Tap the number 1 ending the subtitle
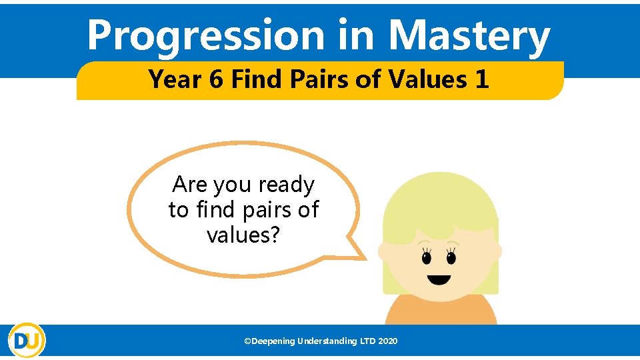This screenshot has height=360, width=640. pos(481,79)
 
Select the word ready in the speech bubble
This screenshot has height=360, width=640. pos(286,185)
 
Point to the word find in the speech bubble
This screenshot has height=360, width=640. pos(216,210)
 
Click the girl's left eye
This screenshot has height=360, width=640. pos(426,256)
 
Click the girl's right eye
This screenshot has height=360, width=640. pos(451,256)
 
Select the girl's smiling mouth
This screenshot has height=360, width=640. pos(439,279)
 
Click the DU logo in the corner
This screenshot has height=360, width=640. pos(27,340)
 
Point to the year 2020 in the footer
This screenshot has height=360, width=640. pos(387,341)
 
